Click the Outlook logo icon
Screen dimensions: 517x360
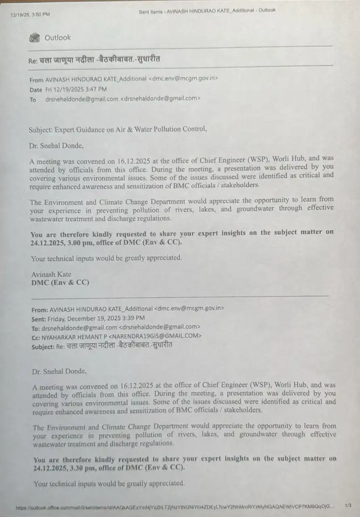[35, 38]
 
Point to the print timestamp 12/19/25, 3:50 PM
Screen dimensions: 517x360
[30, 15]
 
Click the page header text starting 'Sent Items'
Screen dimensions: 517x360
[207, 11]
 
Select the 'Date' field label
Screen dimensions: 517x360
[36, 90]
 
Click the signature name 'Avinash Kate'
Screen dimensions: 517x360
[51, 275]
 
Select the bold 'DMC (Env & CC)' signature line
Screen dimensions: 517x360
[60, 283]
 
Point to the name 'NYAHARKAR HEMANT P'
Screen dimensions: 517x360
[75, 336]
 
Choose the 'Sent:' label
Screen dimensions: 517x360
[40, 318]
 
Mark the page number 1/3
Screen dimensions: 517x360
[348, 505]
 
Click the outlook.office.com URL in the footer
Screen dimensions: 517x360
[174, 507]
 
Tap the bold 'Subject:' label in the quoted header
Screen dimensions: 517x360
[43, 347]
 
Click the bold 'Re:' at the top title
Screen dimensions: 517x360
[33, 61]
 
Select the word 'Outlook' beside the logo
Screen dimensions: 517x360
[57, 38]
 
